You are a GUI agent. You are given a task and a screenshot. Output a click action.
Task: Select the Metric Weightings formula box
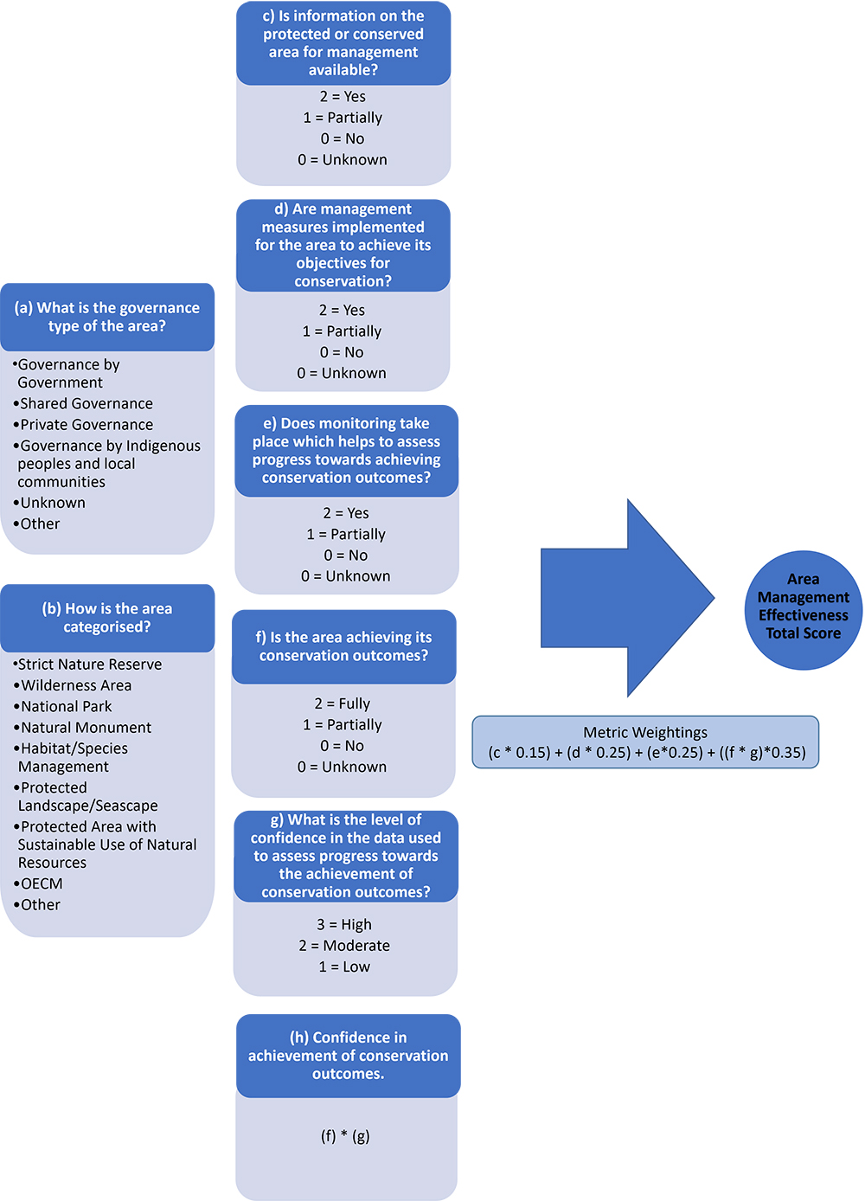tap(645, 742)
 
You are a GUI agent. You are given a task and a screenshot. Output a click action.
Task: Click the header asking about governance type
tap(107, 317)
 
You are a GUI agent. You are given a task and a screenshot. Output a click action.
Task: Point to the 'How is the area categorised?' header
tap(107, 618)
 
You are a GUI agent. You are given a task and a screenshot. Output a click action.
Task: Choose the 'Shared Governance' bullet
tap(86, 404)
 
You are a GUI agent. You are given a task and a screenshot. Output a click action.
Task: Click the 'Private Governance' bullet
tap(86, 425)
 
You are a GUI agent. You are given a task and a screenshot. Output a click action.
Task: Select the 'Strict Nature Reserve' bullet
tap(90, 665)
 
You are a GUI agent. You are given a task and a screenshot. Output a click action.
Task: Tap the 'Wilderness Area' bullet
tap(76, 685)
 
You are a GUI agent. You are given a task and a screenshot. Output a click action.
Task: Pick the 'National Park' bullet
tap(67, 707)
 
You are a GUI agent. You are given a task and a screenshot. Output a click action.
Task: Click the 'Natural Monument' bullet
tap(86, 728)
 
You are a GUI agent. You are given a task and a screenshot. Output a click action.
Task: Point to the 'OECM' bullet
tap(42, 883)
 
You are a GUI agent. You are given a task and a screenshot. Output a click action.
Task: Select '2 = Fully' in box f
tap(343, 703)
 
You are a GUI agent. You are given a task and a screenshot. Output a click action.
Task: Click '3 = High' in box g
tap(344, 925)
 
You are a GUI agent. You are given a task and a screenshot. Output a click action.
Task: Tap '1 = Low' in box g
tap(344, 967)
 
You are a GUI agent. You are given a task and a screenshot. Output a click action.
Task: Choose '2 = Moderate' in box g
tap(344, 946)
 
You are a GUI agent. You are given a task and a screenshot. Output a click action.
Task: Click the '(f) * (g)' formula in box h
tap(345, 1136)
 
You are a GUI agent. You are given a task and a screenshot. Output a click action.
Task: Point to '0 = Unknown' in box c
tap(343, 160)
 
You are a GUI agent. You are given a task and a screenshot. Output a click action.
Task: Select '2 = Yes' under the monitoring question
tap(346, 513)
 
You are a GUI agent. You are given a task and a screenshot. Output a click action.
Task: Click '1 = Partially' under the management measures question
tap(342, 331)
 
